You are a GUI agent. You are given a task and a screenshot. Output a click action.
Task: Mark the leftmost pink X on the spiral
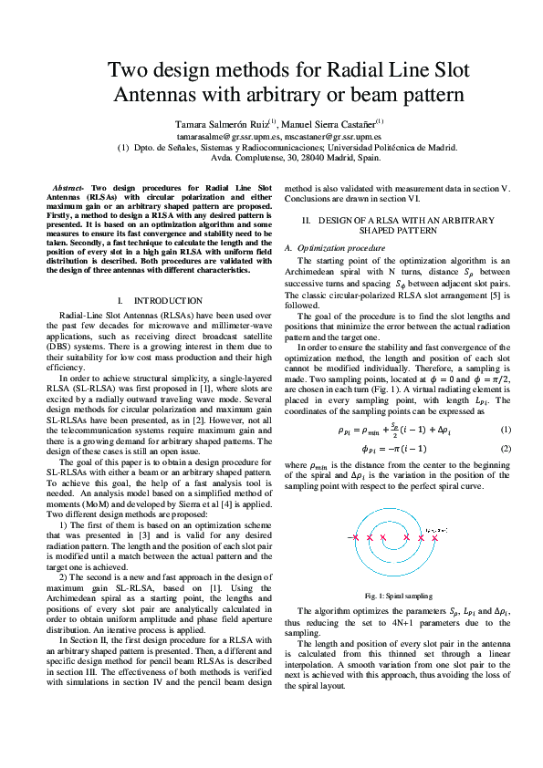(355, 538)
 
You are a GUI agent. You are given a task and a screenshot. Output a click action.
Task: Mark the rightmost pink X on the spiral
(433, 538)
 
